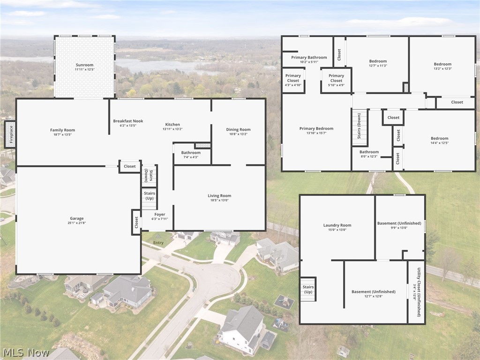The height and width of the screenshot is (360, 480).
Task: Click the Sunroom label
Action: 84,65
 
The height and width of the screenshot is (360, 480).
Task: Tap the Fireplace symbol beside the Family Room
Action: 10,135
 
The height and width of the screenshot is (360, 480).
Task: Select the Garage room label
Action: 77,218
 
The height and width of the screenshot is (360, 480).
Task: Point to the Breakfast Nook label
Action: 128,121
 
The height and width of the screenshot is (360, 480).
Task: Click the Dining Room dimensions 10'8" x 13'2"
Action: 238,135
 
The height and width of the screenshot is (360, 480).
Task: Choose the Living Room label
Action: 219,195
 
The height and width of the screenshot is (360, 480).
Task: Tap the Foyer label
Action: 160,214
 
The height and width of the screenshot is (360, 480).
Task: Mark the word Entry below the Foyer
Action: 158,242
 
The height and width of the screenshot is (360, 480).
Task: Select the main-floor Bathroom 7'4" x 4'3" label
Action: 191,153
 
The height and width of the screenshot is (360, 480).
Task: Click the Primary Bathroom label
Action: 309,57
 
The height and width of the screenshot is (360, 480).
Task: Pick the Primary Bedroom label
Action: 316,128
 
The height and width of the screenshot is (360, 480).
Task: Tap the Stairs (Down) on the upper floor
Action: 360,127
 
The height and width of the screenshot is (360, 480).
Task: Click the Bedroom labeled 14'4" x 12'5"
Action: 439,138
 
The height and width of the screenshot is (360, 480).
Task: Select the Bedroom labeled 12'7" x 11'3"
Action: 378,61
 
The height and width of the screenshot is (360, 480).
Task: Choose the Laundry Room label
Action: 337,225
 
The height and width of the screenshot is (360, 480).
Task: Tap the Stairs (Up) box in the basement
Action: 308,289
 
